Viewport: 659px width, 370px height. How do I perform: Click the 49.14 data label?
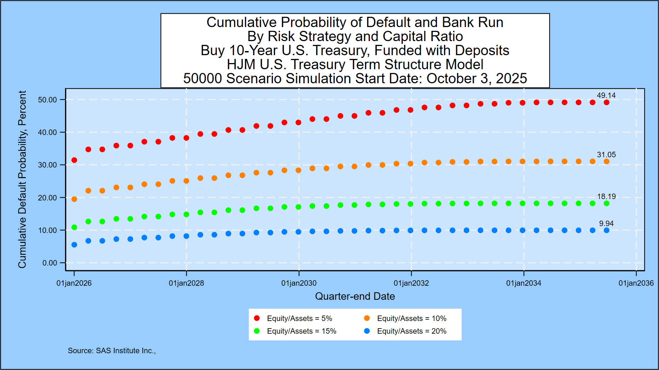pyautogui.click(x=606, y=96)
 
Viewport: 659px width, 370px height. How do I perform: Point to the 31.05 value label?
pyautogui.click(x=606, y=155)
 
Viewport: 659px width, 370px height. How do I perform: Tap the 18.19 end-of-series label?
pyautogui.click(x=606, y=197)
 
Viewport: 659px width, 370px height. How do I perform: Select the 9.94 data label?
pyautogui.click(x=606, y=224)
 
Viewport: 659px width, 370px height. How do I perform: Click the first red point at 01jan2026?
pyautogui.click(x=74, y=160)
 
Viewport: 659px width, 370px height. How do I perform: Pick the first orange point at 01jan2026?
pyautogui.click(x=74, y=199)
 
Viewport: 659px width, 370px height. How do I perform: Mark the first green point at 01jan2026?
pyautogui.click(x=74, y=227)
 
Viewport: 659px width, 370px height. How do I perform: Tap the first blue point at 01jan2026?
pyautogui.click(x=74, y=245)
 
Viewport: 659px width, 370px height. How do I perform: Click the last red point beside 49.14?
pyautogui.click(x=606, y=102)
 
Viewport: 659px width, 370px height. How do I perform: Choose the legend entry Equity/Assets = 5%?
pyautogui.click(x=299, y=319)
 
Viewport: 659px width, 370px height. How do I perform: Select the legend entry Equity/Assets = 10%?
pyautogui.click(x=412, y=319)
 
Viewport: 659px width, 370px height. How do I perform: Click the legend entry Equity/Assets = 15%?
pyautogui.click(x=301, y=331)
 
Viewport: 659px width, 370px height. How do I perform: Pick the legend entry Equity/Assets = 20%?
pyautogui.click(x=412, y=331)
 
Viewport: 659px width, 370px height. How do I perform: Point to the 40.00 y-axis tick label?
pyautogui.click(x=47, y=132)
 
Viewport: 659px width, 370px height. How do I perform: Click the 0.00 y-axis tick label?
pyautogui.click(x=50, y=263)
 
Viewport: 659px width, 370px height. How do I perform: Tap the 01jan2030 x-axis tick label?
pyautogui.click(x=299, y=283)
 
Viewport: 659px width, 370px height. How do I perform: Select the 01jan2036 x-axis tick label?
pyautogui.click(x=636, y=283)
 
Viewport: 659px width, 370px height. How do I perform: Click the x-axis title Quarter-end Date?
pyautogui.click(x=355, y=296)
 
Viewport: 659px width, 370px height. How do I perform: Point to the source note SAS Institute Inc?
pyautogui.click(x=112, y=351)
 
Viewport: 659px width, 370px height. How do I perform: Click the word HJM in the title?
pyautogui.click(x=239, y=64)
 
